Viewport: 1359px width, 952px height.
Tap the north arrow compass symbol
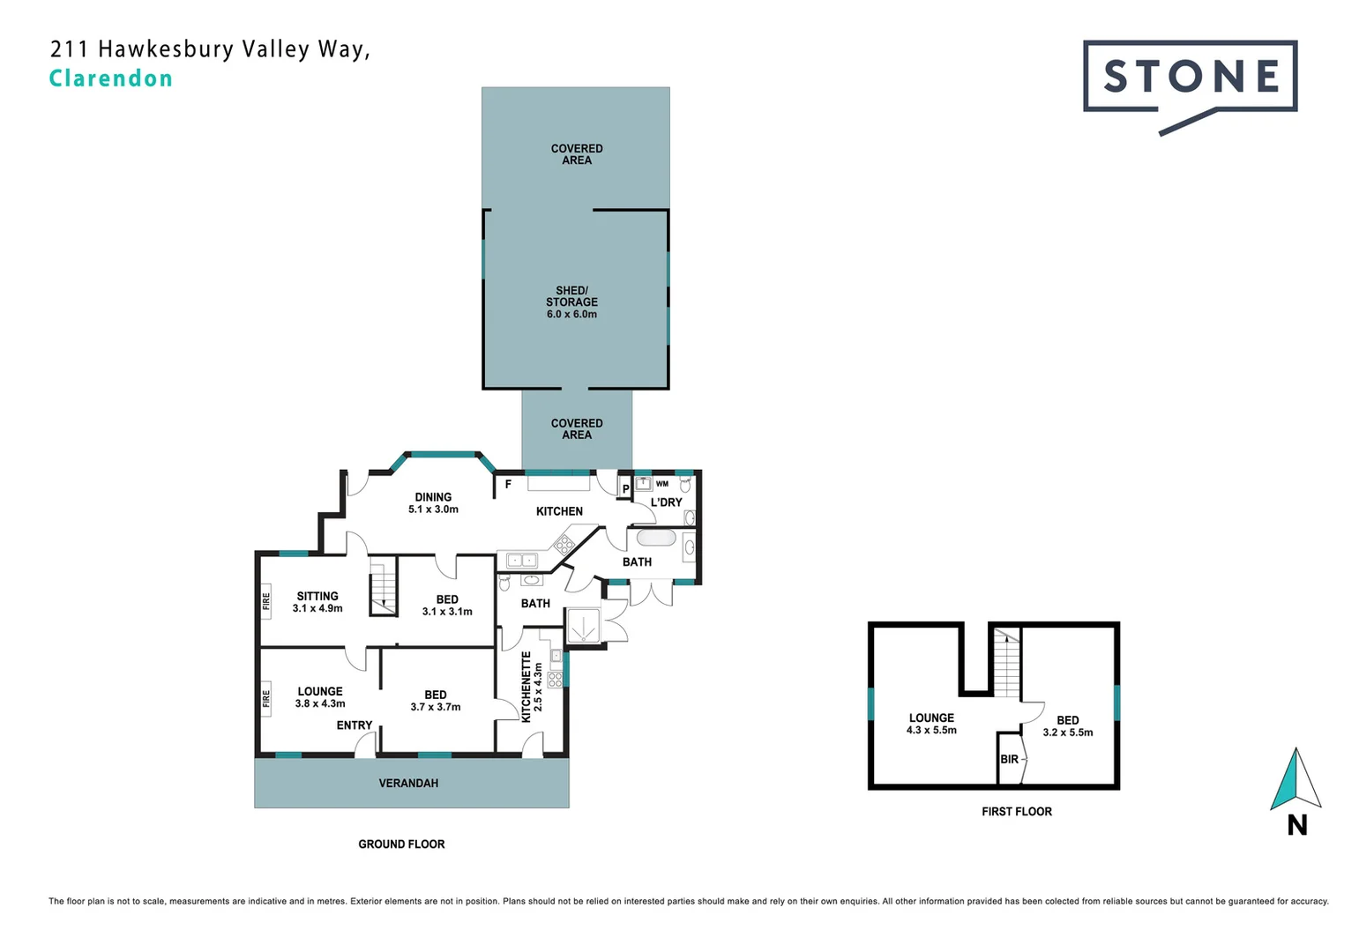[1295, 780]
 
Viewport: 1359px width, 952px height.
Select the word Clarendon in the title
[111, 78]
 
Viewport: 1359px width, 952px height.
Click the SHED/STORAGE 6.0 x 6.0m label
[571, 302]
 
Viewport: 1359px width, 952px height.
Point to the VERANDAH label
[408, 783]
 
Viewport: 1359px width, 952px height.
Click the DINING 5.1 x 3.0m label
[433, 503]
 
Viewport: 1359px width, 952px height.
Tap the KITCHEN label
[559, 511]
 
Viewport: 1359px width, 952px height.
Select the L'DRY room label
[666, 502]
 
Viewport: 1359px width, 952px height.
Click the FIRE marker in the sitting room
[266, 601]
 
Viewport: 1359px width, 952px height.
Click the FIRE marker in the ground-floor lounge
[266, 698]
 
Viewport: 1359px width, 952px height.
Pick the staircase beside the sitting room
[383, 588]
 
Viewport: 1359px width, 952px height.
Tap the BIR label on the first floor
[1009, 759]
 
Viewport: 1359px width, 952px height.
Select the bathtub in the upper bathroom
[655, 538]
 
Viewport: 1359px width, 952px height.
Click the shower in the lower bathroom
[583, 628]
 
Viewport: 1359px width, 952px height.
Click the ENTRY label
[355, 725]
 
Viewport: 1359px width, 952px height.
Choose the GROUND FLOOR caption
[401, 844]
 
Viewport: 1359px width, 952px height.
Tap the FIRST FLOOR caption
[1016, 812]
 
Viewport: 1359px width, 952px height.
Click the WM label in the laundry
[661, 484]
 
